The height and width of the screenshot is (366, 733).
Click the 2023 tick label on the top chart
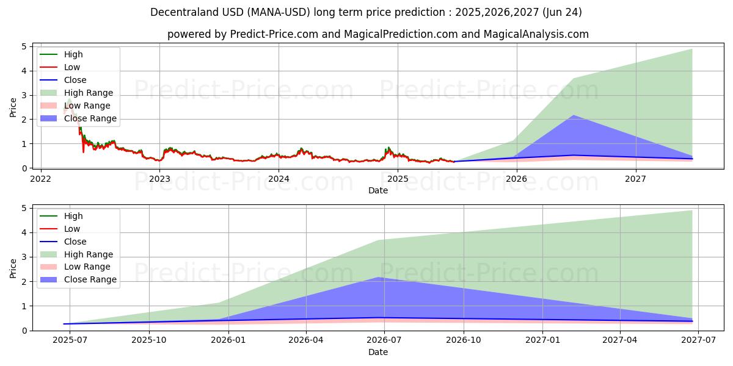(159, 179)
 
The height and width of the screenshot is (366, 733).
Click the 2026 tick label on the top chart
(517, 179)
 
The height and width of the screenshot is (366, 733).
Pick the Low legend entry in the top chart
(71, 67)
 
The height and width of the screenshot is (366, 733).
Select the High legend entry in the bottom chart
(73, 216)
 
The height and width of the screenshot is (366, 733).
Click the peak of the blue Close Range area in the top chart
(573, 115)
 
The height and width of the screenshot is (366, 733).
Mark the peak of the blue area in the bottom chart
(379, 278)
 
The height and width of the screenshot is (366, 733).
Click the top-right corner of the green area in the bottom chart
(691, 211)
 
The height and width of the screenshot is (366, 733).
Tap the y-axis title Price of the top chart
(13, 107)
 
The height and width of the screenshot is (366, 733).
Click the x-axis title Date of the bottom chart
(378, 352)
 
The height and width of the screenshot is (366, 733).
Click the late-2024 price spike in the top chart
(387, 148)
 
